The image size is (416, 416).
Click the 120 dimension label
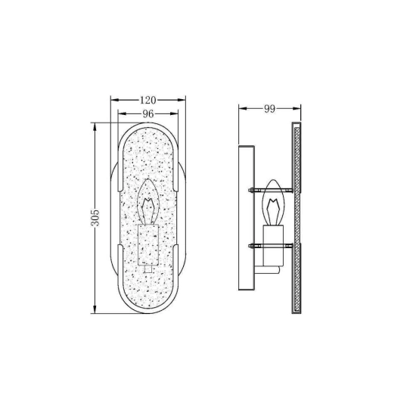[x=147, y=100]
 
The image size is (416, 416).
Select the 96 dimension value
[x=148, y=113]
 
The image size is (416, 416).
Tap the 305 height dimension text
[x=95, y=218]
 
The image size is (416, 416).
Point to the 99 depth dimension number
[x=269, y=109]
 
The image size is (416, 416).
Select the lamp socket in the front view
[x=148, y=244]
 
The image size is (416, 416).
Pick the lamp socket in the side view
[x=273, y=246]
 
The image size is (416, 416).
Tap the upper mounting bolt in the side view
[x=271, y=190]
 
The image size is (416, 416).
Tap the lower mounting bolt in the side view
[x=271, y=246]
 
